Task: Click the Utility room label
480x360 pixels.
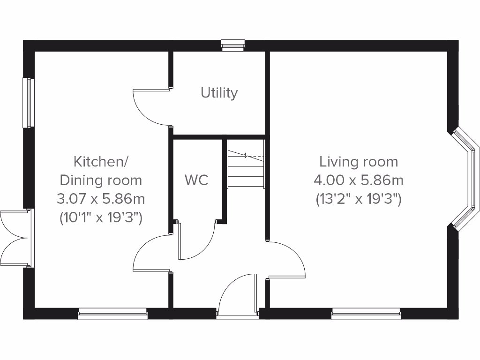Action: (219, 93)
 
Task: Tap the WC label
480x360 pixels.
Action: (196, 180)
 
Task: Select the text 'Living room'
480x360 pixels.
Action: (359, 162)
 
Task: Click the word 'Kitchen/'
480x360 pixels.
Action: (101, 162)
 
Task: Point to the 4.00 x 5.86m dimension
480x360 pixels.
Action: (359, 180)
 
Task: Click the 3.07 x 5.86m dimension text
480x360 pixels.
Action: (101, 199)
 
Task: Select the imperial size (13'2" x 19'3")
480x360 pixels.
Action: (359, 199)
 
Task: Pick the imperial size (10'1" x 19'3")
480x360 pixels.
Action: (101, 217)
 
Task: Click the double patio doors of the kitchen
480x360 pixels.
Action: (14, 238)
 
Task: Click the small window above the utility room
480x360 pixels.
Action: (233, 45)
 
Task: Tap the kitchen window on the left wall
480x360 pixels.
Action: (29, 102)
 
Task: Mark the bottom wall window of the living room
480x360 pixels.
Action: (366, 314)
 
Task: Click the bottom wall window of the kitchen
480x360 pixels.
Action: (112, 314)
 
